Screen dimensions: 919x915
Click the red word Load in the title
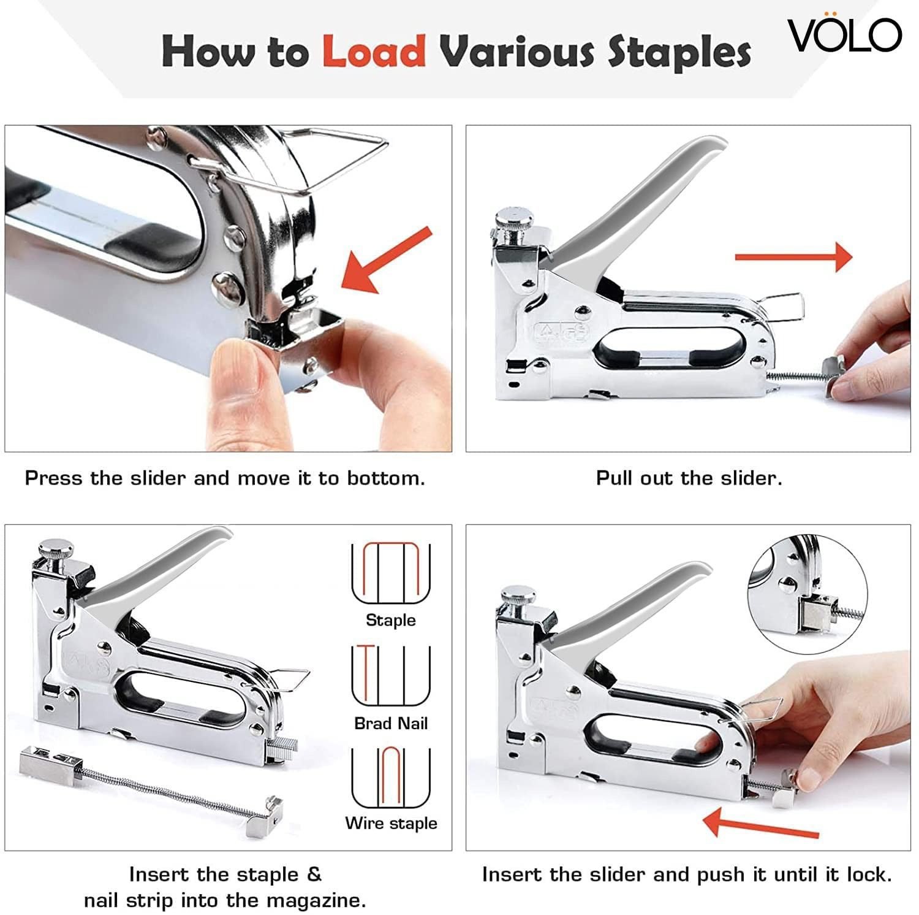[374, 51]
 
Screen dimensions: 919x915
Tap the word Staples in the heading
[679, 53]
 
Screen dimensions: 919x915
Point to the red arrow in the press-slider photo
[387, 259]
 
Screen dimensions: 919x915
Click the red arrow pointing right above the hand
[793, 257]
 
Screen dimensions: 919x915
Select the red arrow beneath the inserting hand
[761, 824]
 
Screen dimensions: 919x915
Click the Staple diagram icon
[391, 574]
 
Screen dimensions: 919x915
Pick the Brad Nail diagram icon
[391, 676]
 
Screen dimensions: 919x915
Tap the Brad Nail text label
[391, 724]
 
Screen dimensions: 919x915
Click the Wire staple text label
[391, 823]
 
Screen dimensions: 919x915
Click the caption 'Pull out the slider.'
[689, 478]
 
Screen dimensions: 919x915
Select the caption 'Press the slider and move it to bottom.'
[225, 478]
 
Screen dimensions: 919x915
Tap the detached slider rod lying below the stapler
[150, 789]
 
